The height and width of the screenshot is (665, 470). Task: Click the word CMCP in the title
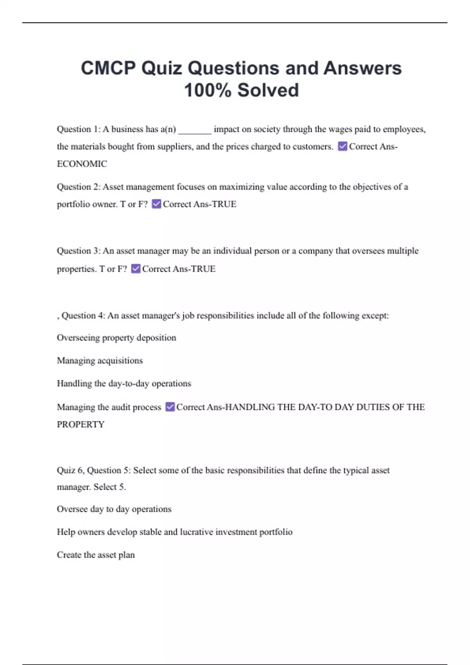click(108, 68)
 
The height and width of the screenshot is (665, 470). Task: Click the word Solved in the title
click(268, 90)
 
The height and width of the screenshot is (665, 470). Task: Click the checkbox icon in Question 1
click(342, 146)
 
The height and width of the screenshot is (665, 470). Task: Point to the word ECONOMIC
click(82, 164)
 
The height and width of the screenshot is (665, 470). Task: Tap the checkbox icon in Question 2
click(156, 204)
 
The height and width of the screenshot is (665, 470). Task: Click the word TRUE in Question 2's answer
click(224, 204)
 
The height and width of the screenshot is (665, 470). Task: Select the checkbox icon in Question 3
click(136, 269)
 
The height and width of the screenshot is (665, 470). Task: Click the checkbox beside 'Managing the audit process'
click(170, 407)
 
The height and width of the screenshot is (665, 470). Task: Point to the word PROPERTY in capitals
click(81, 424)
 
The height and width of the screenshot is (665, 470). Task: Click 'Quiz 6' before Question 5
click(70, 470)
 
